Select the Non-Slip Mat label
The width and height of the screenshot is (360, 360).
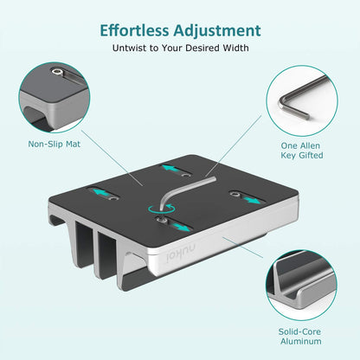click(x=54, y=144)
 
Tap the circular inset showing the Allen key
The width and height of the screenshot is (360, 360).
click(x=305, y=94)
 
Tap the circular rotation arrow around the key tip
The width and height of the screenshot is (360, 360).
click(x=157, y=209)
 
